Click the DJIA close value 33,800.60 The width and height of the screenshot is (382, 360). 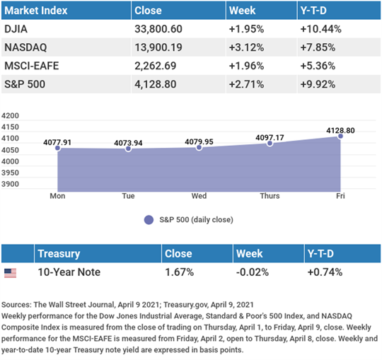point(158,29)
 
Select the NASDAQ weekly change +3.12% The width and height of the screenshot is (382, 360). point(246,47)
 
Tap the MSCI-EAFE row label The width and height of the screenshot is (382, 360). point(32,66)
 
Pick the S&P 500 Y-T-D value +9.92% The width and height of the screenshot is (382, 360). point(318,84)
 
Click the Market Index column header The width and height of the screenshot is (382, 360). point(36,11)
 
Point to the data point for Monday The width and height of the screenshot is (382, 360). point(57,148)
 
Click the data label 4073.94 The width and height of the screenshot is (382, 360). point(128,143)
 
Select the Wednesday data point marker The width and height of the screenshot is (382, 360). point(199,147)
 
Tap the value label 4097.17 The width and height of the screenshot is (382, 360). point(270,138)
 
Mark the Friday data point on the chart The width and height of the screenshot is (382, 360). point(340,137)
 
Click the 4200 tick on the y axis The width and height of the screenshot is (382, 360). point(10,115)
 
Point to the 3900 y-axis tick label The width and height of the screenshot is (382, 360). point(10,184)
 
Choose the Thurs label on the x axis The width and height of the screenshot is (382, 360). point(270,196)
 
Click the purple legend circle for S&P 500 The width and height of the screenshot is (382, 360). point(149,220)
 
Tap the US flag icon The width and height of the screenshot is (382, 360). point(10,273)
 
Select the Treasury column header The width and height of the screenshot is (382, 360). point(59,254)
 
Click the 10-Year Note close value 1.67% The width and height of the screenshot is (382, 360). point(179,272)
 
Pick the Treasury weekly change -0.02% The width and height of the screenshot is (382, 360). point(253,272)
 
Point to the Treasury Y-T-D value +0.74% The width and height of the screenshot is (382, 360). point(325,272)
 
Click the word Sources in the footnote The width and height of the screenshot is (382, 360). point(16,305)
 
